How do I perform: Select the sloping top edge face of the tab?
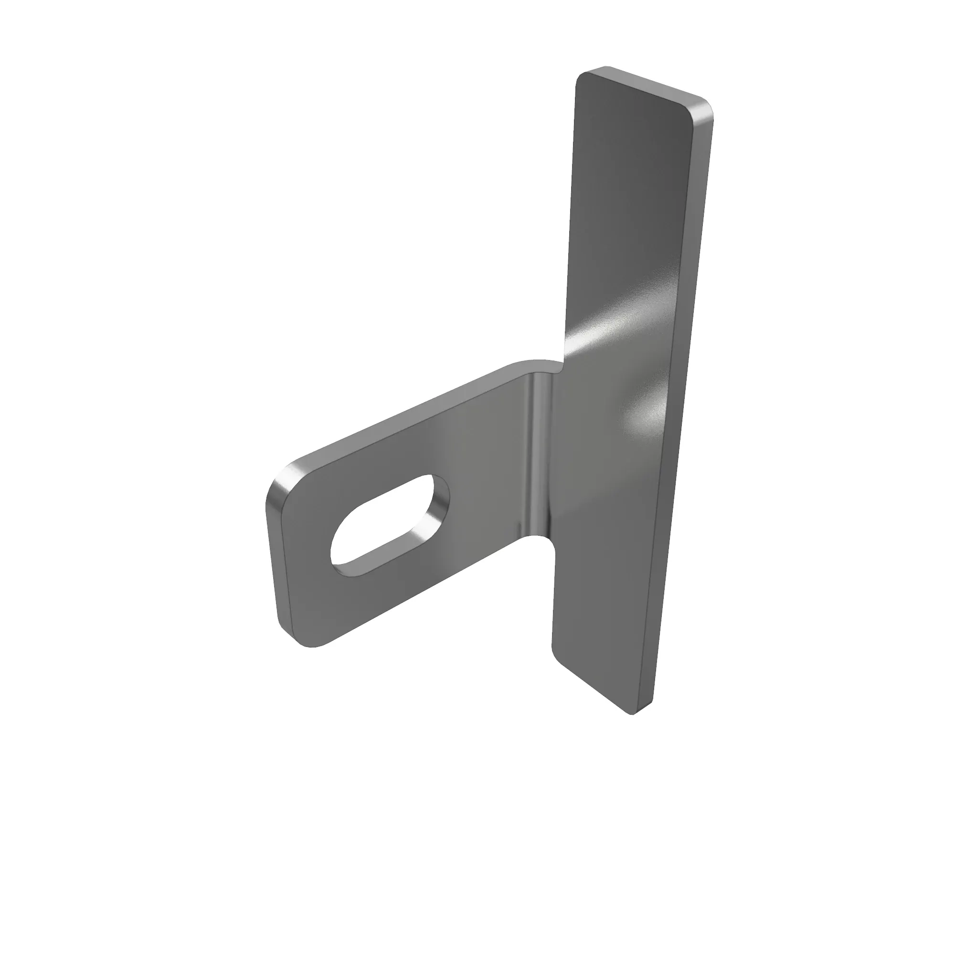tap(405, 415)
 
